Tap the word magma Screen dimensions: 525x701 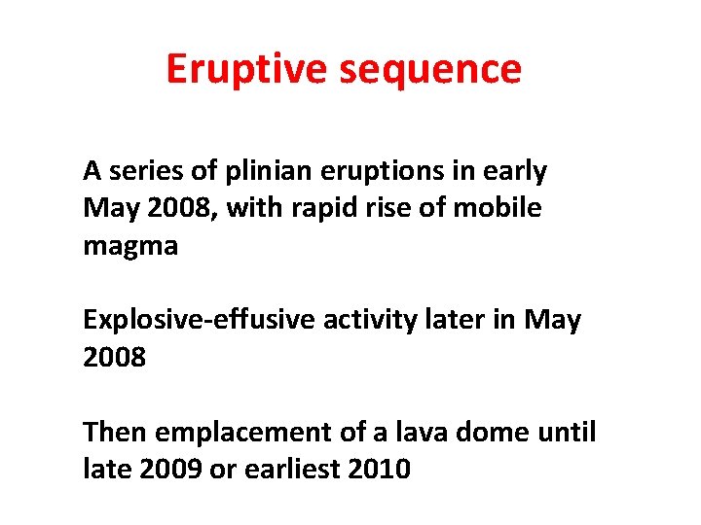tap(130, 246)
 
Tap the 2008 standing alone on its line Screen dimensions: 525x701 tap(115, 358)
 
